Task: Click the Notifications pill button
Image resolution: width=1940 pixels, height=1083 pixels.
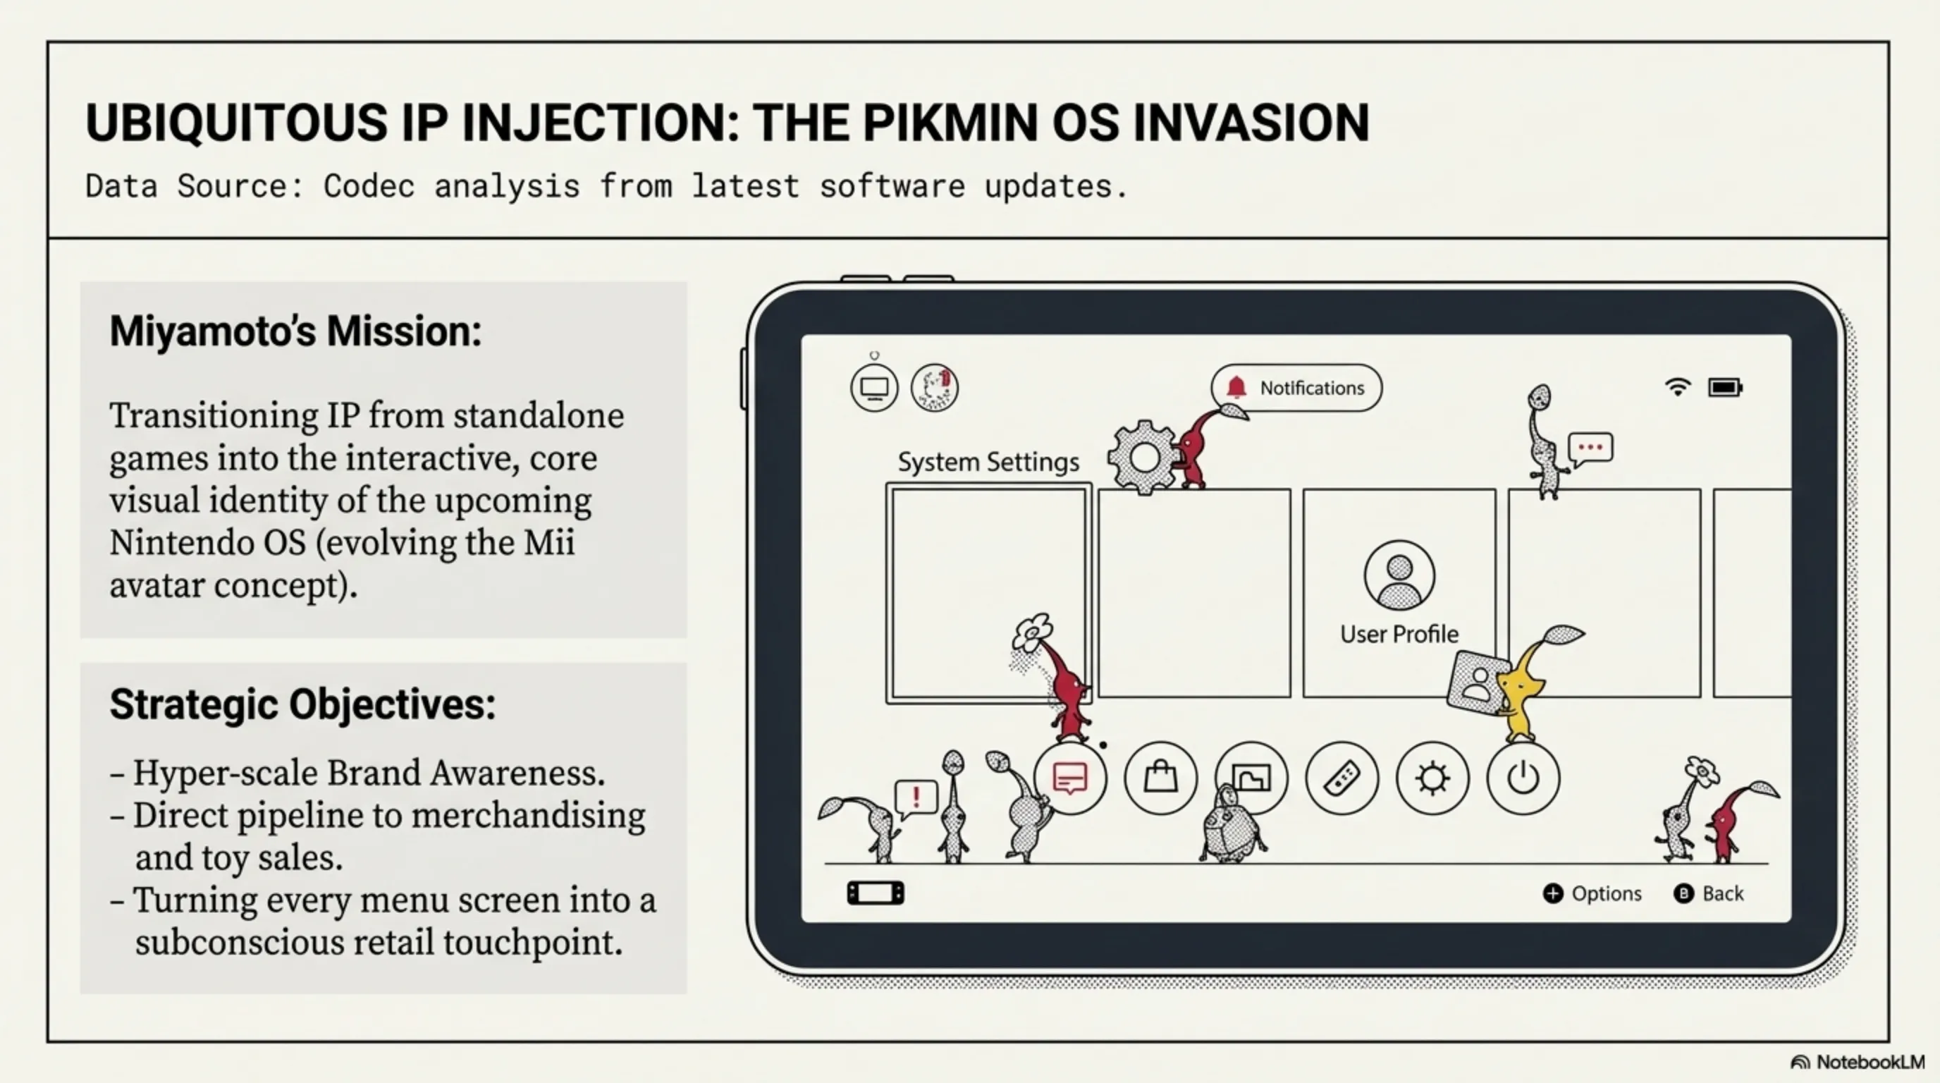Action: [x=1296, y=388]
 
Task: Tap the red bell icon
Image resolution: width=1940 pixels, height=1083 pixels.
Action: [x=1236, y=387]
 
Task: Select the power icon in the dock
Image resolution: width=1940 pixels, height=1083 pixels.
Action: [x=1523, y=778]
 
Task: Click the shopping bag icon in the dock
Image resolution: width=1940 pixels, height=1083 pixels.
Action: [x=1160, y=777]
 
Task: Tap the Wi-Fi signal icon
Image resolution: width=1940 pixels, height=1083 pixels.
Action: [x=1677, y=387]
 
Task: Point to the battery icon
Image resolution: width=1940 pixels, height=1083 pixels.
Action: [x=1724, y=387]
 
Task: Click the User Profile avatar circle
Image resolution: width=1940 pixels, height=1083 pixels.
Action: [x=1399, y=575]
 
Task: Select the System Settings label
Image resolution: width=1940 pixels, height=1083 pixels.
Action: [x=988, y=462]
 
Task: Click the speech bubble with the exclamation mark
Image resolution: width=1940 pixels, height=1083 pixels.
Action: [x=916, y=797]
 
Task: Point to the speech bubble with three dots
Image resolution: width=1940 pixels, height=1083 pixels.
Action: [x=1590, y=448]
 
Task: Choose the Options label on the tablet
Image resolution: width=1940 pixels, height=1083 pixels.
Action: [x=1606, y=893]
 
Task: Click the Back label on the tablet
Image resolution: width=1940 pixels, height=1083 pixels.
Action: [x=1722, y=893]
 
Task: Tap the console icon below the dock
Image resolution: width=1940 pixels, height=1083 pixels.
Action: [x=875, y=893]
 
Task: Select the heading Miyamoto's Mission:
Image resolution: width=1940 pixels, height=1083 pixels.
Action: [x=295, y=331]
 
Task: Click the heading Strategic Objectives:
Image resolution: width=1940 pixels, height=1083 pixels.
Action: [x=302, y=704]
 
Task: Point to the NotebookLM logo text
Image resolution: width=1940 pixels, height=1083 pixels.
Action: [x=1870, y=1062]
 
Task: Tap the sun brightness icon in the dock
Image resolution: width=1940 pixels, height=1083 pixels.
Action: [x=1432, y=778]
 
